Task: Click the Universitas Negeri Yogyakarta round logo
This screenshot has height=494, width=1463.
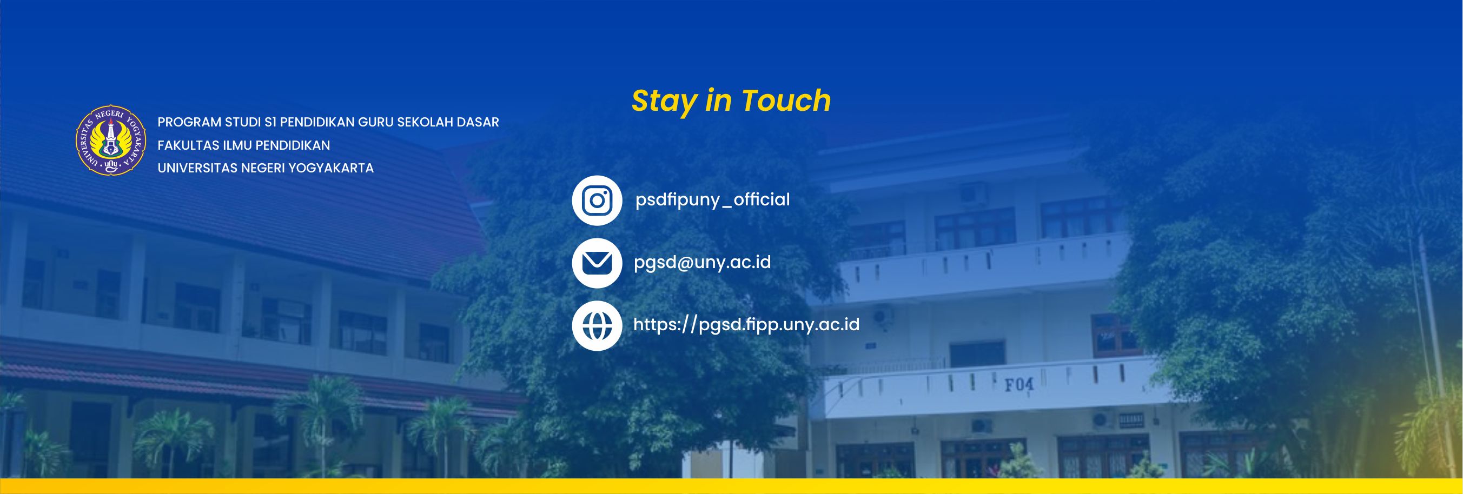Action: coord(111,140)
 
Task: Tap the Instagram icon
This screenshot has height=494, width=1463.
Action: coord(597,201)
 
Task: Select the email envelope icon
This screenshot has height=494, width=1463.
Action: coord(597,263)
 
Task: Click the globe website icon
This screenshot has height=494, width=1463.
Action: coord(597,326)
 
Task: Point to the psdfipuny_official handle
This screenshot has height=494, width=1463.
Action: coord(712,200)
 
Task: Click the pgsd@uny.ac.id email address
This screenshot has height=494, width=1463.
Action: coord(702,262)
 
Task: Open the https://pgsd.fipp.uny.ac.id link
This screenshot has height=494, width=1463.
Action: coord(746,325)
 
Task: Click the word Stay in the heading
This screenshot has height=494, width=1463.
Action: coord(665,102)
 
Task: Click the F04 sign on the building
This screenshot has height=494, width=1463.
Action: coord(1020,385)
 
